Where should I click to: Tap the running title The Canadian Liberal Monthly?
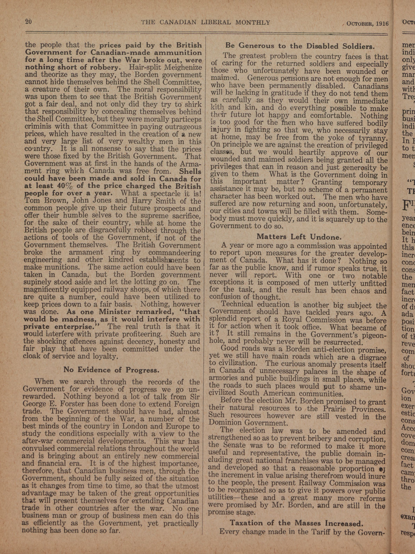tap(206, 23)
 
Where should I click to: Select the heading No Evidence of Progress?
tap(111, 370)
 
